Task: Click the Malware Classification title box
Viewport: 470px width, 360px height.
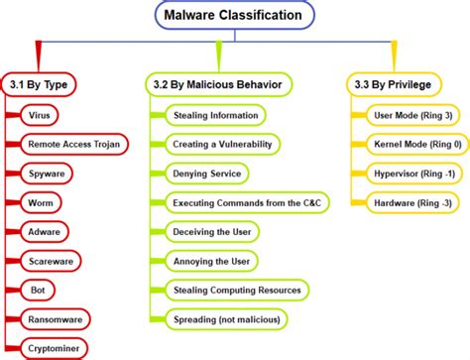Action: [x=235, y=15]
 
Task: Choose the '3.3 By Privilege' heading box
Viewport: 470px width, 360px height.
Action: [x=394, y=85]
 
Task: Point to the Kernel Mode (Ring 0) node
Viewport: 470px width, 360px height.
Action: [x=408, y=145]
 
